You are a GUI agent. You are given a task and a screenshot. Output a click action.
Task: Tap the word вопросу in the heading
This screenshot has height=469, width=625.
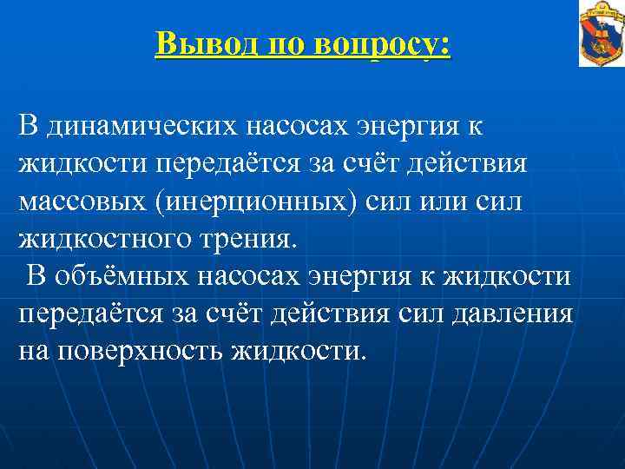coord(385,42)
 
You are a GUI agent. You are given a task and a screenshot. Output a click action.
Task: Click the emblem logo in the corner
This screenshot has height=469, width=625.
coord(601,34)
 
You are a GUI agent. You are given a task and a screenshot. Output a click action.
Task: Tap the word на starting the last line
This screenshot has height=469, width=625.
coord(34,351)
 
